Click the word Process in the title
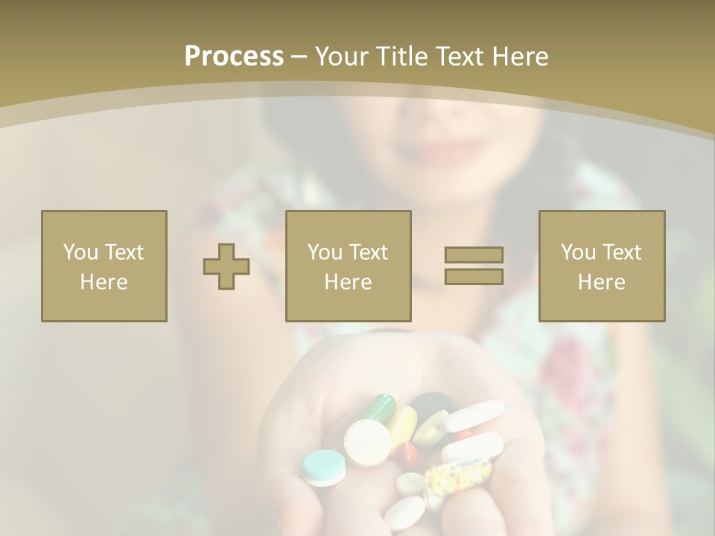click(x=234, y=57)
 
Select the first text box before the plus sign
click(x=104, y=267)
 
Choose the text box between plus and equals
click(x=349, y=267)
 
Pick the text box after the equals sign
click(x=602, y=267)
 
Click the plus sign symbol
click(x=226, y=267)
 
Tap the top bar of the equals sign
click(x=474, y=255)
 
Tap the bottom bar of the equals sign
click(x=474, y=276)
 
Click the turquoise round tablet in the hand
click(x=324, y=468)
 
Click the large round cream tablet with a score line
click(x=367, y=442)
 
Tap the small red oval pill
click(x=409, y=453)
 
